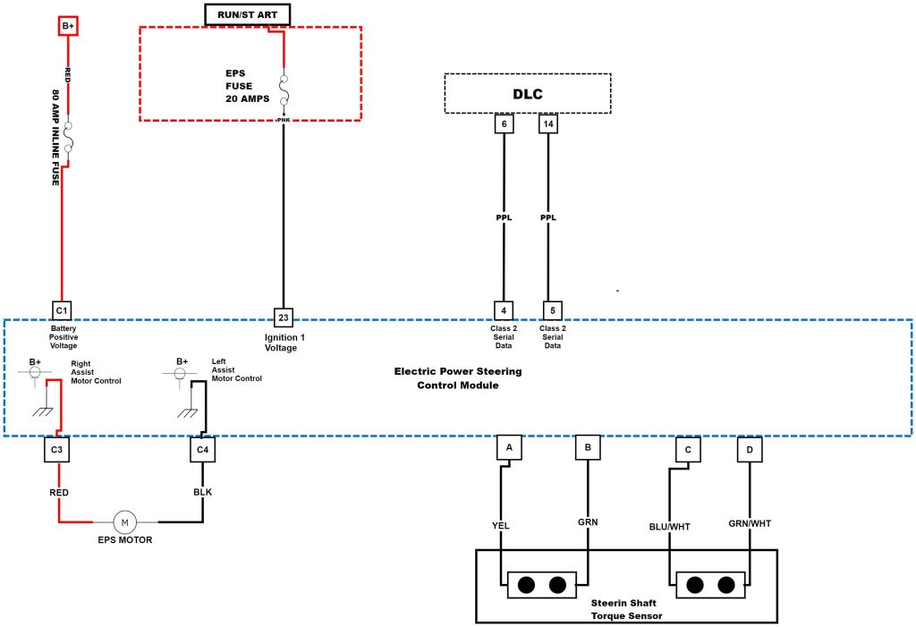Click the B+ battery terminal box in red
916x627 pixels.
69,26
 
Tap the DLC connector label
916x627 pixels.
527,93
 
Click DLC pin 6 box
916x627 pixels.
505,125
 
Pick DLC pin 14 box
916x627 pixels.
549,125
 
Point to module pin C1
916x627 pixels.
61,310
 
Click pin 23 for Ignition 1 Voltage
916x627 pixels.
284,318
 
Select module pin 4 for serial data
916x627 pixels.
505,310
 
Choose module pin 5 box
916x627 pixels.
552,310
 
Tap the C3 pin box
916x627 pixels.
56,449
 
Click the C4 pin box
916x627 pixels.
202,449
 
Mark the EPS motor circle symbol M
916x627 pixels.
125,521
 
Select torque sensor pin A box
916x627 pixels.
509,446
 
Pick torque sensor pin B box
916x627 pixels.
588,446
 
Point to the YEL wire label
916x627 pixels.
501,525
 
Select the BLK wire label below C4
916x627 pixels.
202,491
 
